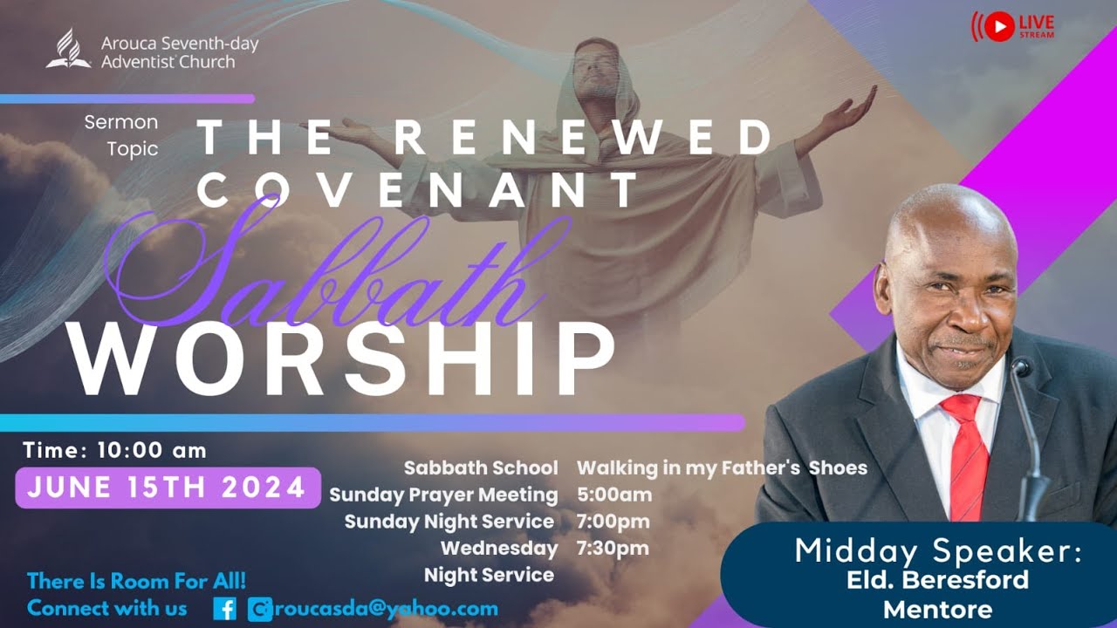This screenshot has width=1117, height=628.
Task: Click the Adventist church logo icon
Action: coord(68,50)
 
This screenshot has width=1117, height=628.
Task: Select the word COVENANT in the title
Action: coord(419,189)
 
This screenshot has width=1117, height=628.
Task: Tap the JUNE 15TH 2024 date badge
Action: coord(167,487)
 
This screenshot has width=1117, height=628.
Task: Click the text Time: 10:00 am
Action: coord(114,450)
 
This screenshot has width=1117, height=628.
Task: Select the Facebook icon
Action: coord(224,608)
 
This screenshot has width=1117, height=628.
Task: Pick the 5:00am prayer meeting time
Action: coord(614,495)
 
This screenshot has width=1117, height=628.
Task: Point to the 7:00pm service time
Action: coord(613,522)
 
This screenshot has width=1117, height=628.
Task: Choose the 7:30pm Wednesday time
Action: coord(613,548)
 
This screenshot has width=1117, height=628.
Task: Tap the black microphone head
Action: coord(1021,366)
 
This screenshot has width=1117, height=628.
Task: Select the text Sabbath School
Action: coord(481,468)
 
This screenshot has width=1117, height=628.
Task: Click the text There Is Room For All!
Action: coord(136,580)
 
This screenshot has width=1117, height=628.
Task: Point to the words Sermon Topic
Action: coord(122,135)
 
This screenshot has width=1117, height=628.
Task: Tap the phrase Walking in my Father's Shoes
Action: coord(722,468)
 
